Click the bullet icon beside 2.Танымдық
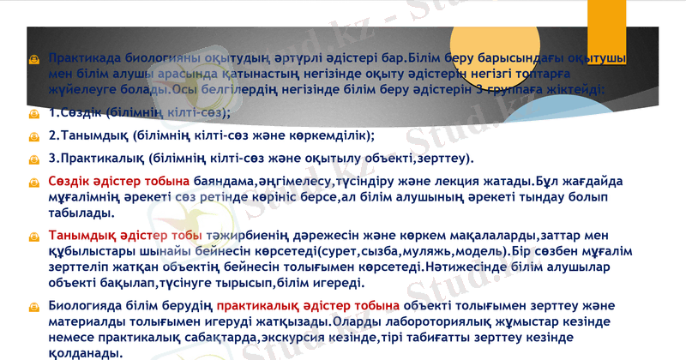33,136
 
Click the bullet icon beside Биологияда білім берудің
33,306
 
